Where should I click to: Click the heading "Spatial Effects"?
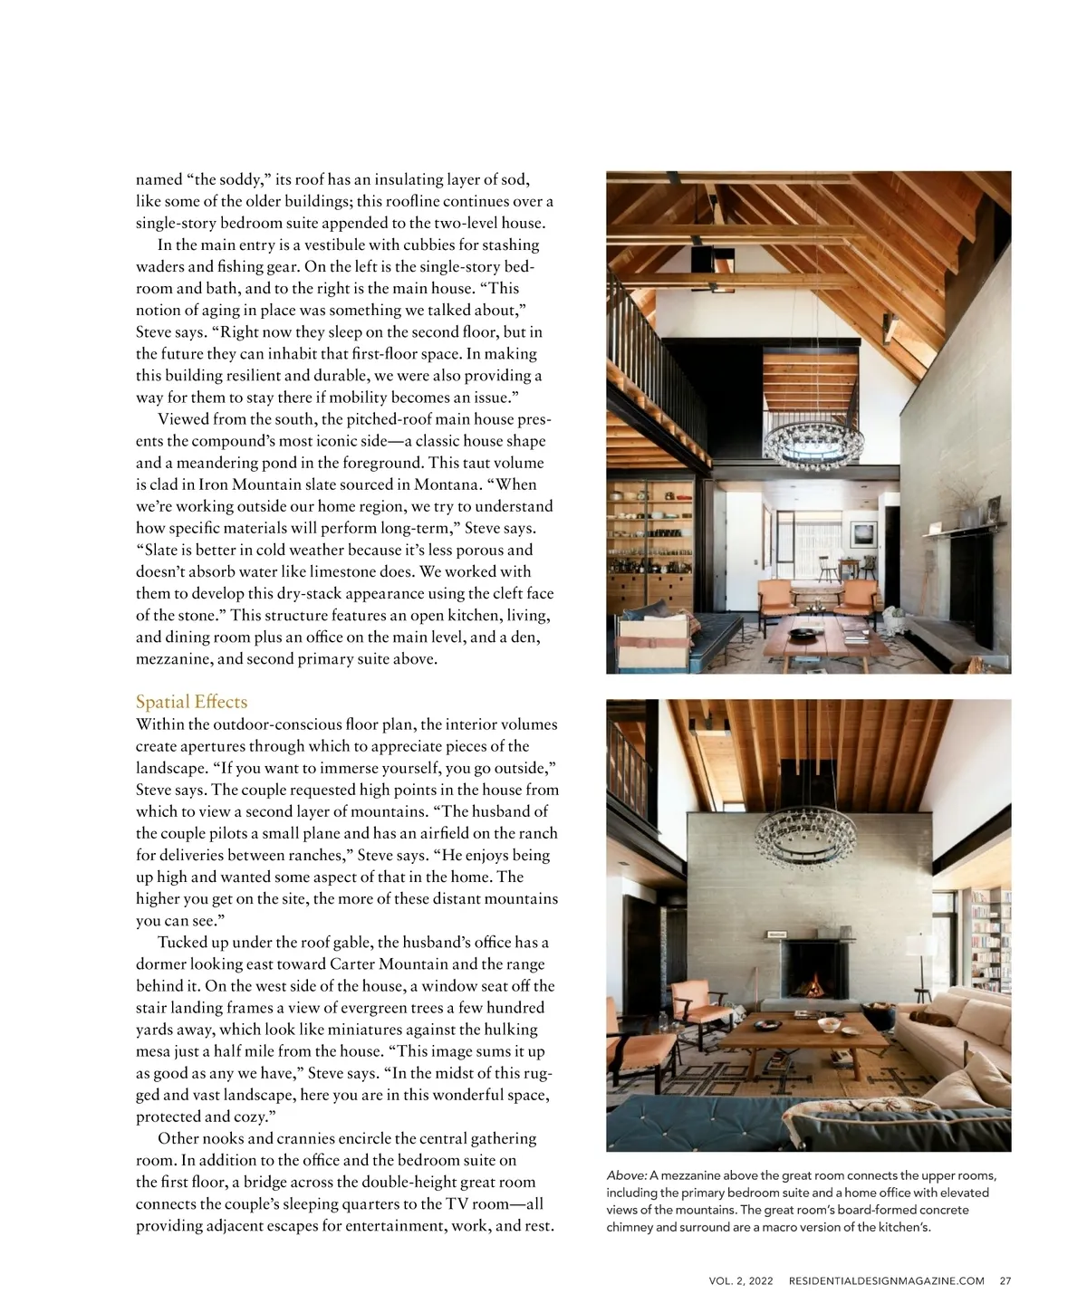coord(191,702)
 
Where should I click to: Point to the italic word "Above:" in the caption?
coord(626,1175)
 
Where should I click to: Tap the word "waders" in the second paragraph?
coord(159,266)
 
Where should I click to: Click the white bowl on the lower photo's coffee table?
coord(828,1024)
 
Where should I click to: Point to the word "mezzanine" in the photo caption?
coord(690,1175)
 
